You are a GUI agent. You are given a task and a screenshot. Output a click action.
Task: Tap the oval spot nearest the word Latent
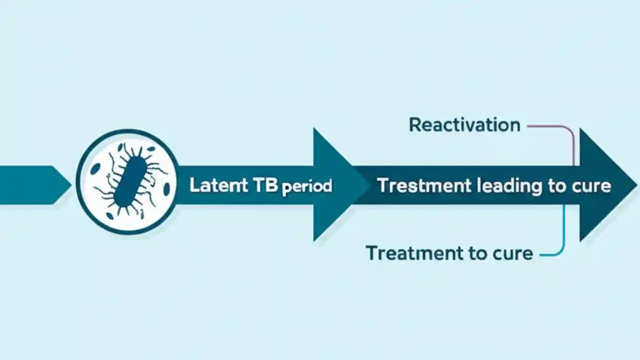coord(166,189)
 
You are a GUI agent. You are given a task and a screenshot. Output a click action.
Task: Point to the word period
coord(307,187)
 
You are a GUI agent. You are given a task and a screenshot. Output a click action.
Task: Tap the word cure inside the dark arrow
coord(591,186)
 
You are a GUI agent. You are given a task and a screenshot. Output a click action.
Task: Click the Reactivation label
coord(464,124)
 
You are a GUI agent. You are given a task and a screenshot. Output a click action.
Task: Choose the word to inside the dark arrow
coord(557,186)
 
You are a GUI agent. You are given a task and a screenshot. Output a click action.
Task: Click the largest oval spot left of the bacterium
coord(95,169)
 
